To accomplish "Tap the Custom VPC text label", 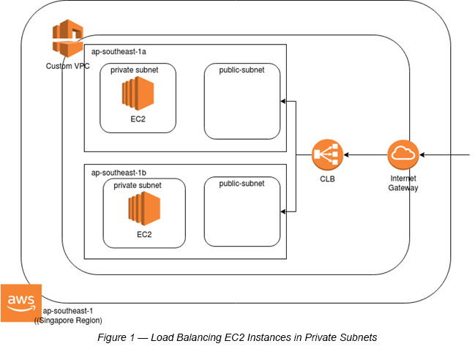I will (68, 67).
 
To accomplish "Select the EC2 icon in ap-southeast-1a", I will (138, 94).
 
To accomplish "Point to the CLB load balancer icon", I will (327, 155).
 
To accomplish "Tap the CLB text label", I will (327, 179).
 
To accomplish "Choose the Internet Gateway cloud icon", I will (403, 155).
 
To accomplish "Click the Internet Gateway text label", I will (403, 183).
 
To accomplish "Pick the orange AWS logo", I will (20, 301).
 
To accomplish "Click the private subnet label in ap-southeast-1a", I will (138, 70).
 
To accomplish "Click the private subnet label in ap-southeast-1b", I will (138, 186).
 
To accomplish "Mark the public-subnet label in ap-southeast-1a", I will (242, 70).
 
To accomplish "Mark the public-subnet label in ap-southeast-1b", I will (242, 183).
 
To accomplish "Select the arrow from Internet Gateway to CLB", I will (366, 155).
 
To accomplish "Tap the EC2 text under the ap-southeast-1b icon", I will (144, 235).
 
